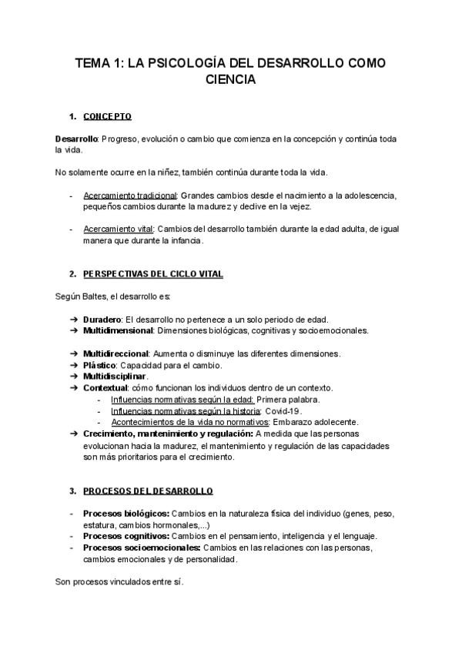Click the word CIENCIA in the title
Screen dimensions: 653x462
[230, 79]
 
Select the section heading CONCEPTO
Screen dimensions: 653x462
[107, 116]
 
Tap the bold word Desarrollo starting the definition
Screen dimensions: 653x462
[76, 139]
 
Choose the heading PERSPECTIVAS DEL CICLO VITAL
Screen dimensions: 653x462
[152, 273]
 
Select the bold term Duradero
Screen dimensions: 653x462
[102, 319]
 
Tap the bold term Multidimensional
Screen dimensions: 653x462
[118, 330]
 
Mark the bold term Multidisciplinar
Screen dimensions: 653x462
[115, 376]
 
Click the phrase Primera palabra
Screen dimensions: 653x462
[288, 399]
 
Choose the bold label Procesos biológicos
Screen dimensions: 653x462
[125, 513]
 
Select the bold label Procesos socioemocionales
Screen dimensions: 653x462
[136, 548]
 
